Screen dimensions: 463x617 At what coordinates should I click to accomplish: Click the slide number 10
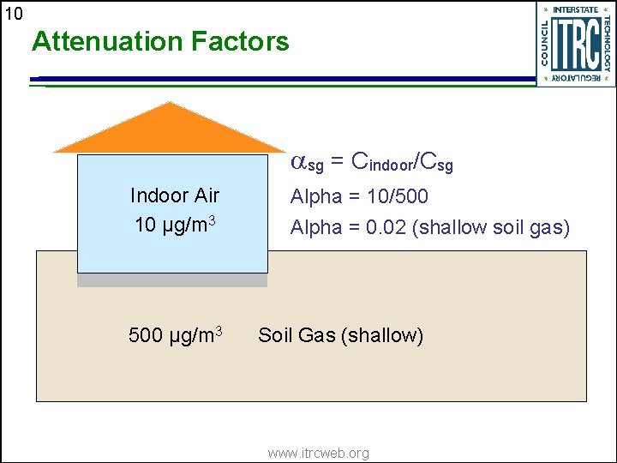[15, 13]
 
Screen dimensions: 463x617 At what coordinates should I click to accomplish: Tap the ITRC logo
[575, 43]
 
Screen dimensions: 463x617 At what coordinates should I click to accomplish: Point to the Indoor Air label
[175, 195]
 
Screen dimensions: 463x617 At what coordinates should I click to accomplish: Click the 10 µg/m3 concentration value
[175, 225]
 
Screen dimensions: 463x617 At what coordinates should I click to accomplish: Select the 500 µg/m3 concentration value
[176, 334]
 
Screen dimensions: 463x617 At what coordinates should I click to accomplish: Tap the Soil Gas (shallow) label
[340, 335]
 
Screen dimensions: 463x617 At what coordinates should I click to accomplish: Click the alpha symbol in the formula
[298, 160]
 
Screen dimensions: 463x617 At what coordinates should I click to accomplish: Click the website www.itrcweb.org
[318, 453]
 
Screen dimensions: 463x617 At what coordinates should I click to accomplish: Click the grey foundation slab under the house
[172, 280]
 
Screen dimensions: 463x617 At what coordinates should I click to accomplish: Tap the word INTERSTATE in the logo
[575, 9]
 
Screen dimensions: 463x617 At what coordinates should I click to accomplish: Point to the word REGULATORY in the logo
[575, 78]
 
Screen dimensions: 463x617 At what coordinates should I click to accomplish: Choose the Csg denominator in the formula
[438, 161]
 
